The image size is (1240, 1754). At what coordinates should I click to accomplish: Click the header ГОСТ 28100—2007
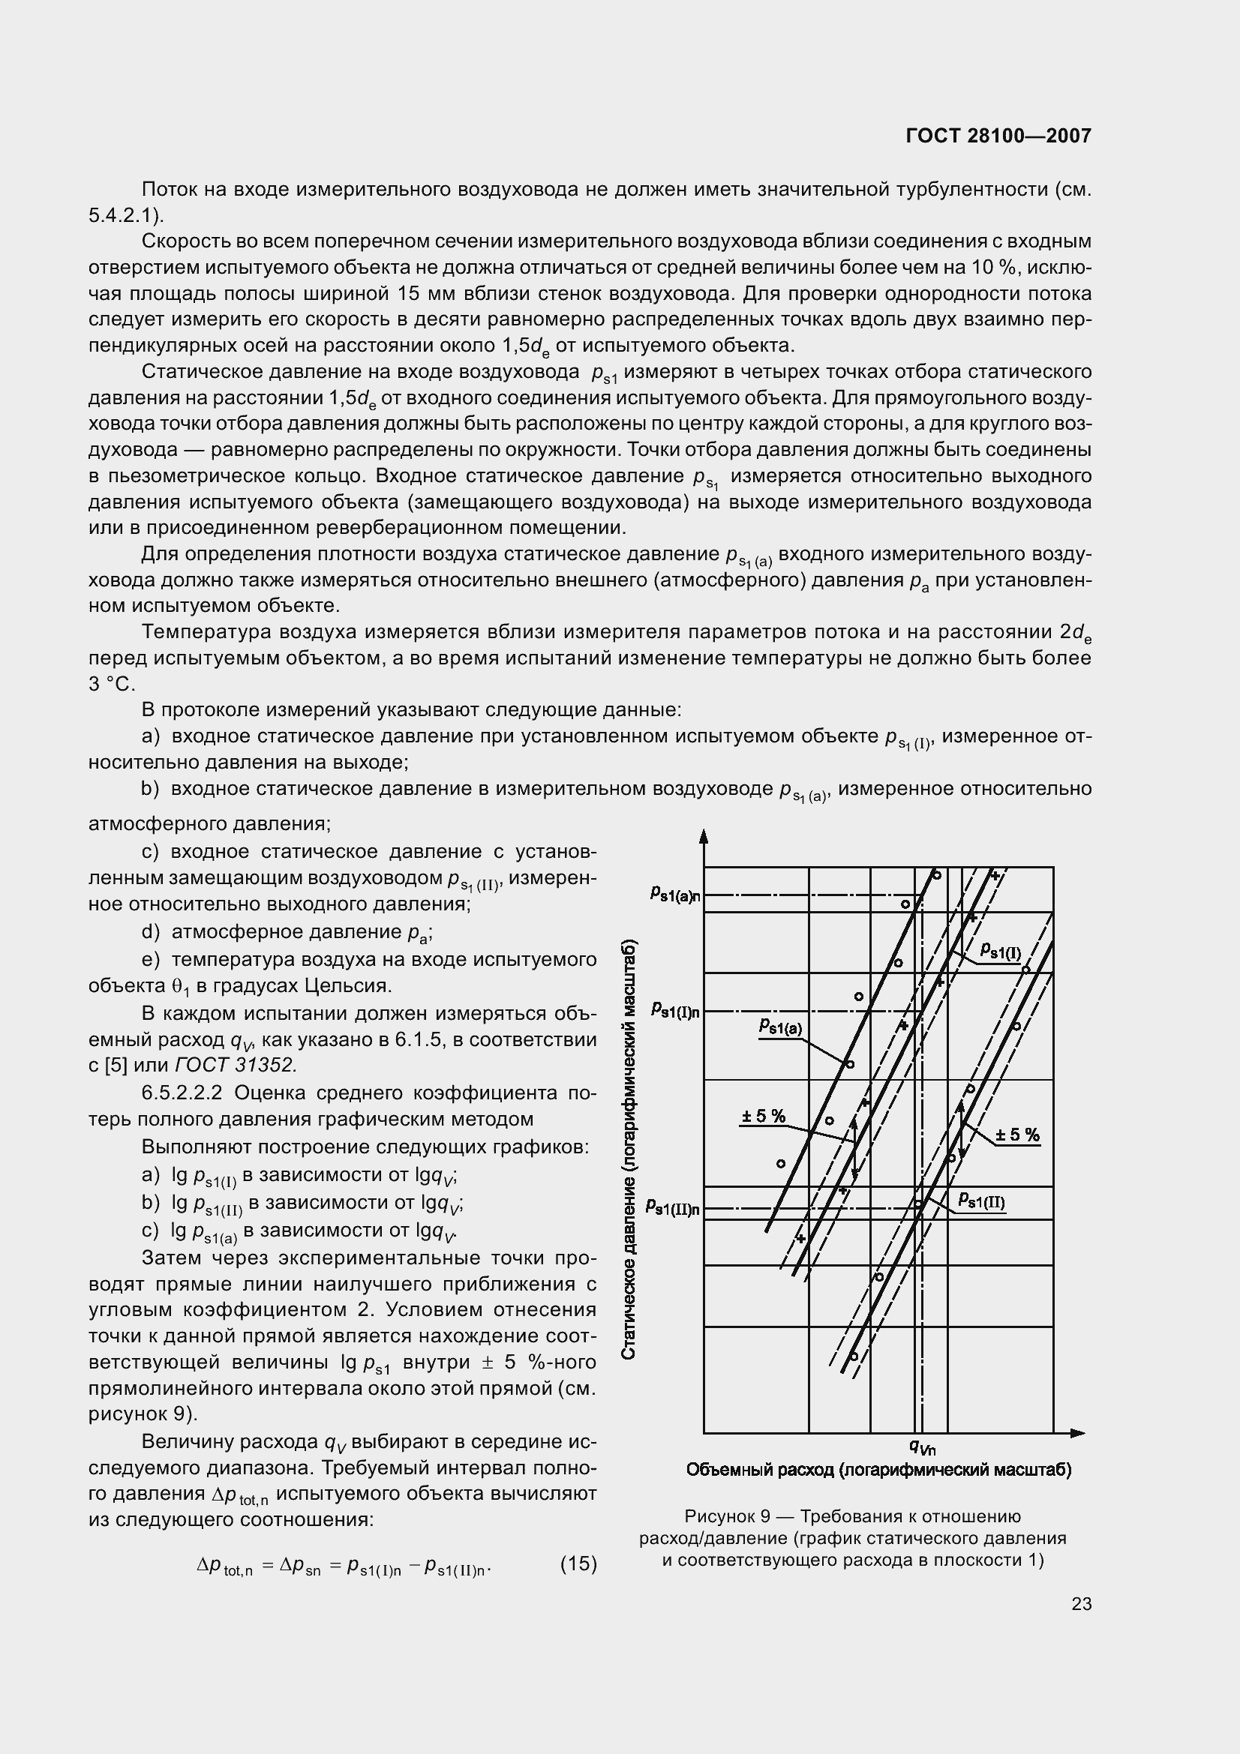point(998,136)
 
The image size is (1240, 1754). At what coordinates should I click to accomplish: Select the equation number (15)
point(578,1564)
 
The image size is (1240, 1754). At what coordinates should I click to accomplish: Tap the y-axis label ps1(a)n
point(675,894)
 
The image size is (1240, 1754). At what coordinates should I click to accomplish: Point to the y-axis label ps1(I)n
point(675,1012)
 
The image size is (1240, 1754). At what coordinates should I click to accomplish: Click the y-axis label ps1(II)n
point(672,1208)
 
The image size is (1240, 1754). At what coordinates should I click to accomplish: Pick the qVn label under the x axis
point(922,1446)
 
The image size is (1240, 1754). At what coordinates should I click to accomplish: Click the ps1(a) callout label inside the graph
point(781,1027)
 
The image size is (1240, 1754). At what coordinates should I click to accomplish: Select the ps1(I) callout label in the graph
point(1001,952)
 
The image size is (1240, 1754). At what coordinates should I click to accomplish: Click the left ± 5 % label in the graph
point(763,1116)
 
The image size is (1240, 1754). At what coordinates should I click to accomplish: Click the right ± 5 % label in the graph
point(1018,1135)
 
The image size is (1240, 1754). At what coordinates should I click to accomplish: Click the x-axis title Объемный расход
point(878,1470)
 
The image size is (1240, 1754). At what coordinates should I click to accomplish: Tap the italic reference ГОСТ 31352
point(236,1065)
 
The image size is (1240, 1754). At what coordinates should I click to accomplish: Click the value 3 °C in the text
point(112,685)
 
